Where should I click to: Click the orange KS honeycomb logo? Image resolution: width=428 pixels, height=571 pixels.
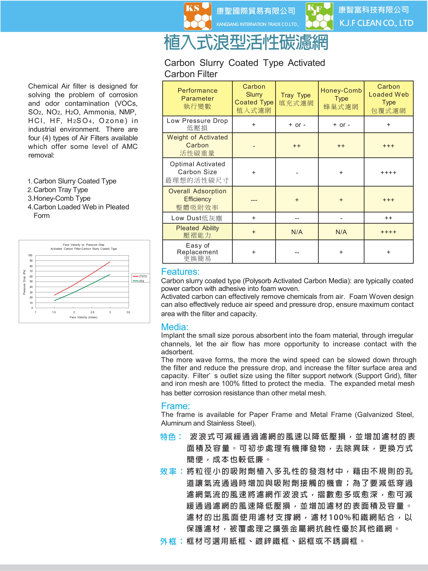coord(198,16)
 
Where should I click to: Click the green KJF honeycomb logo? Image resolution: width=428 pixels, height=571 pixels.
coord(319,16)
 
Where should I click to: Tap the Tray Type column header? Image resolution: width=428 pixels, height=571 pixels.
coord(296,99)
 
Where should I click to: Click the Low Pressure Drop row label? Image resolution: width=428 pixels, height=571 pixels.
coord(197,124)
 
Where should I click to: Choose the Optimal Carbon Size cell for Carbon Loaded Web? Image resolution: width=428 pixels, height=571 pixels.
coord(388,172)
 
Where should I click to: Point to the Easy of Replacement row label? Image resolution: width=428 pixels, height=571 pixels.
coord(197,252)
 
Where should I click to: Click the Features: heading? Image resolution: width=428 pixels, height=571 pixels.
coord(180,272)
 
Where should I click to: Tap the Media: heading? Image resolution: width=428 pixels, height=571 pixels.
coord(175,327)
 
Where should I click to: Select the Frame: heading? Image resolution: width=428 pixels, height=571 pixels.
coord(175,406)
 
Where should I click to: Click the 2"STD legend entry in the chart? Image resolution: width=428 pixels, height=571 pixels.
coord(141,276)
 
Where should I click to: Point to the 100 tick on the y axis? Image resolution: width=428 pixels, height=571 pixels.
coord(30,255)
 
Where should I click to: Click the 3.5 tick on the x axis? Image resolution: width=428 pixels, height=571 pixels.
coord(128,312)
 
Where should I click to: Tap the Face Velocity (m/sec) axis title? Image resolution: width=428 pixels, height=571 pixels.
coord(83,317)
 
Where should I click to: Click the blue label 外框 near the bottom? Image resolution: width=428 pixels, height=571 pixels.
coord(168,541)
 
